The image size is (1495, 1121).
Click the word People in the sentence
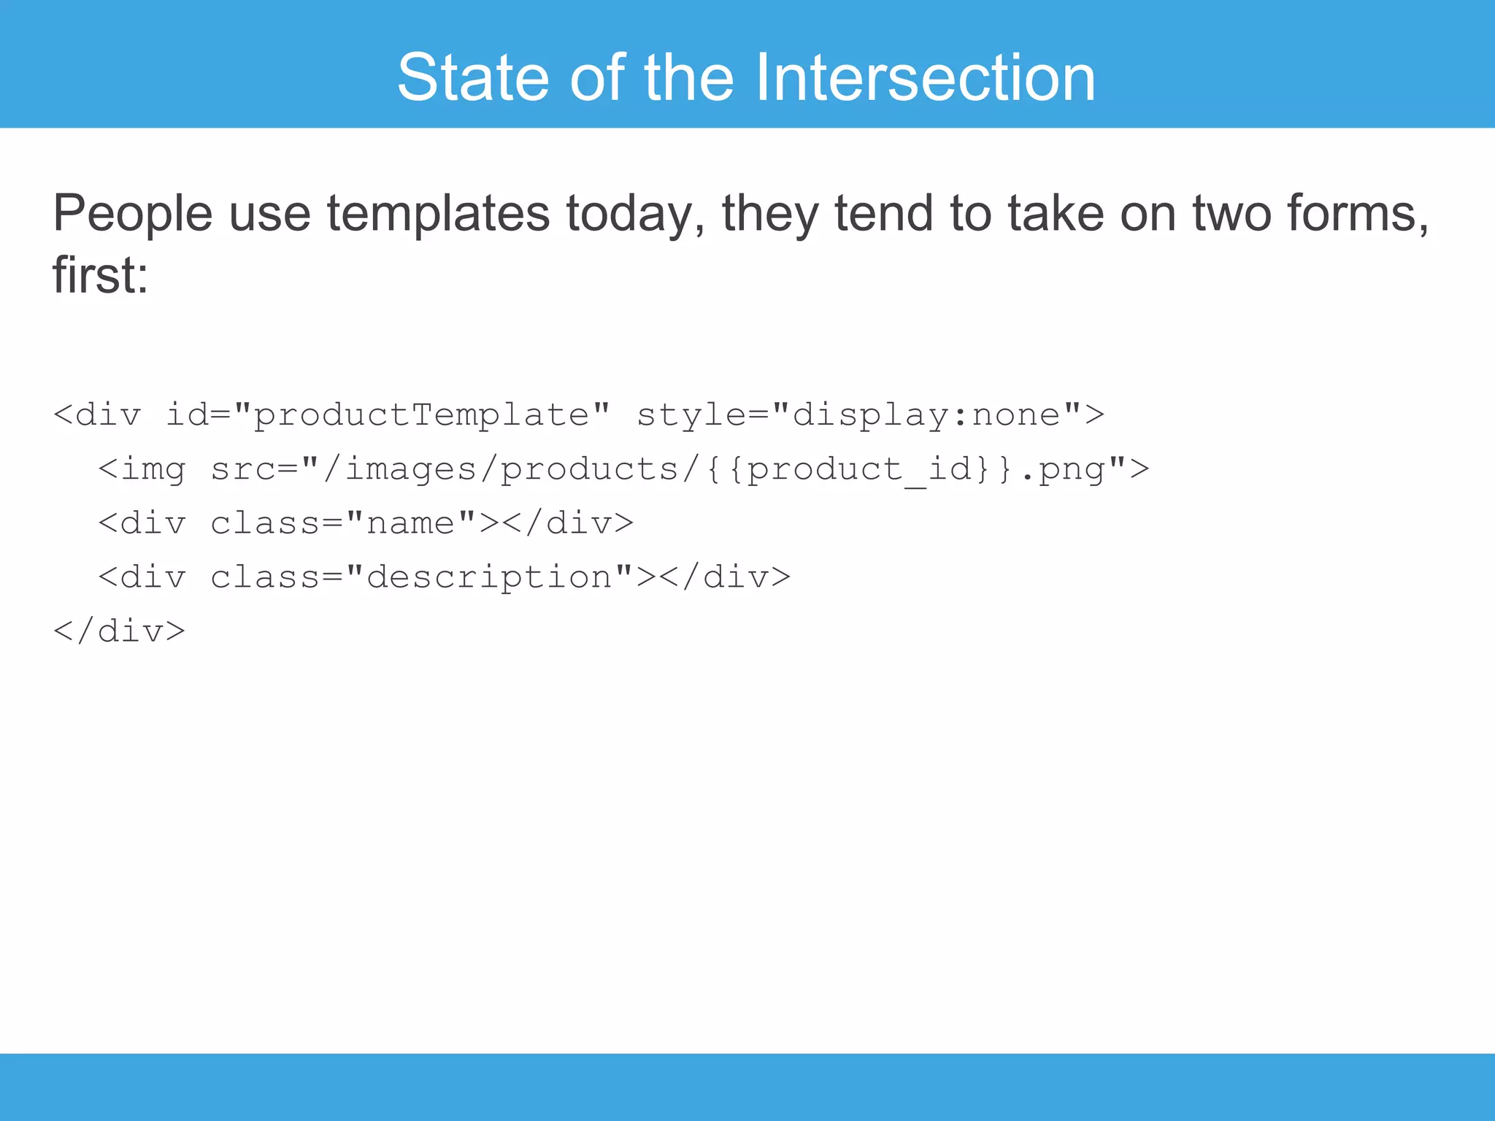[132, 213]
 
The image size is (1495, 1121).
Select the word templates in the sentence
[438, 213]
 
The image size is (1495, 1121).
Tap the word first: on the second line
[100, 276]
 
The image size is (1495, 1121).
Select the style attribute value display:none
[926, 415]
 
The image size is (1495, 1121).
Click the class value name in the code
[410, 523]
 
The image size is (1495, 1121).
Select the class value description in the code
[488, 577]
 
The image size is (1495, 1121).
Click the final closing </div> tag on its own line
[119, 631]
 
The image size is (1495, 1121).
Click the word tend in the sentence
[883, 213]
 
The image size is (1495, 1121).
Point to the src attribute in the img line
[243, 469]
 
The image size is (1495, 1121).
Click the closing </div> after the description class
[724, 577]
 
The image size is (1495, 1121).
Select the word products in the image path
[589, 469]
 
